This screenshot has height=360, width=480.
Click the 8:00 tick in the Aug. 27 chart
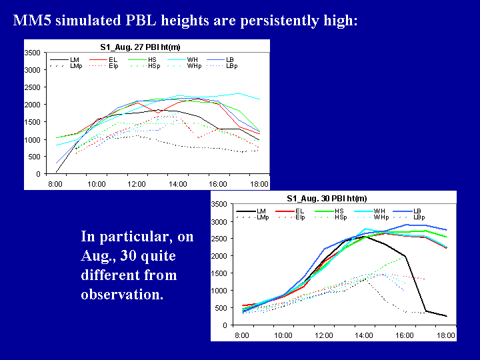[55, 183]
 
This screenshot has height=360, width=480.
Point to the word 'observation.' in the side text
[122, 294]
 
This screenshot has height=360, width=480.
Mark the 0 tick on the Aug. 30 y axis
[228, 325]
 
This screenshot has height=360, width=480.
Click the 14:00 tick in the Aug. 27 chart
[177, 183]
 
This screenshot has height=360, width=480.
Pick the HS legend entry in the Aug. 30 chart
[340, 211]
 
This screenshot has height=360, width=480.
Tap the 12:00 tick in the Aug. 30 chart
[323, 335]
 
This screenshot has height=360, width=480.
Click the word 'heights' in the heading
[183, 21]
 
